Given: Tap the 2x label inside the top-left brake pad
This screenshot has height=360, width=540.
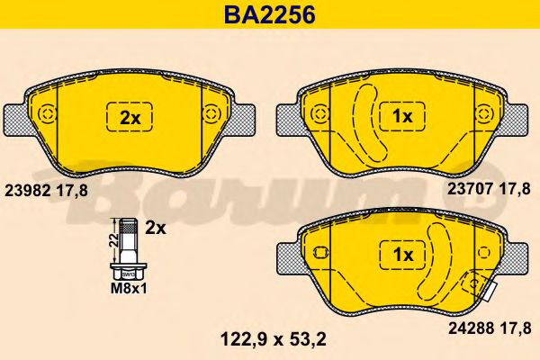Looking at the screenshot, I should click(131, 117).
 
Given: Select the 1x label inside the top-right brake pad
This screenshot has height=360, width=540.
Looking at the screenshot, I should click(402, 117).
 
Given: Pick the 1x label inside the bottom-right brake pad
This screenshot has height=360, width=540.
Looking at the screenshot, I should click(402, 256).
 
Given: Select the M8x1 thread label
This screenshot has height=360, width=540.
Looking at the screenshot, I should click(126, 290).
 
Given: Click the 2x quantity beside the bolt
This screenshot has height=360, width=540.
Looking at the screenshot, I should click(156, 228).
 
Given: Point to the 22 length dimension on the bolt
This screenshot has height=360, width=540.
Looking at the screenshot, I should click(112, 238).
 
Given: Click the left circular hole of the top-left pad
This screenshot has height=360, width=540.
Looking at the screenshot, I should click(52, 113).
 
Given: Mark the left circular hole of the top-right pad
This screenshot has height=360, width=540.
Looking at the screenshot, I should click(323, 113).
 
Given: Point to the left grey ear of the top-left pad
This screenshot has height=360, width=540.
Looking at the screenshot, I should click(19, 115).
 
